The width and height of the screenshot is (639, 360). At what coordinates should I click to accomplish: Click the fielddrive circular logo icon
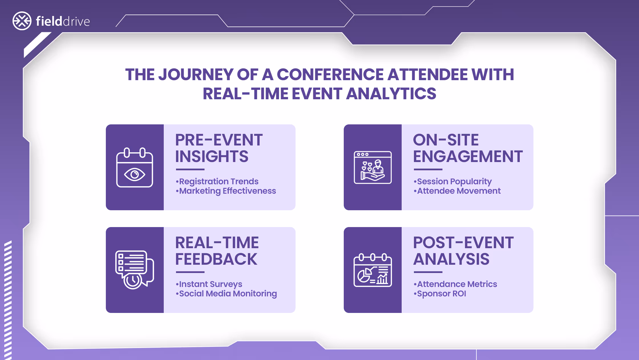[22, 21]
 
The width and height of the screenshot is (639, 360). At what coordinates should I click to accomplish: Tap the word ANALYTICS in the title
[391, 94]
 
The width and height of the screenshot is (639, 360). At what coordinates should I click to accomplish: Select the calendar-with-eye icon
[135, 167]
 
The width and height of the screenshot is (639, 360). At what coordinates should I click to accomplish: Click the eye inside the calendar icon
[135, 174]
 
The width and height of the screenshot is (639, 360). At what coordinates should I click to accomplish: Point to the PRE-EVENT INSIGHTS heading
[219, 148]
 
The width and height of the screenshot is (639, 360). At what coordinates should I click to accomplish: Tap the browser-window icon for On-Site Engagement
[373, 167]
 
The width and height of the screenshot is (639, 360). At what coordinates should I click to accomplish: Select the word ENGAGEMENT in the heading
[468, 157]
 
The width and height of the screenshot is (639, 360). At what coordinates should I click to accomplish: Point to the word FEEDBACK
[216, 259]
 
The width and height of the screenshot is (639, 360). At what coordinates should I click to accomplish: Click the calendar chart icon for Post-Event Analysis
[373, 270]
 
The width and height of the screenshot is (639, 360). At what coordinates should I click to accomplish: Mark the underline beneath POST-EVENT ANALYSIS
[428, 272]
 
